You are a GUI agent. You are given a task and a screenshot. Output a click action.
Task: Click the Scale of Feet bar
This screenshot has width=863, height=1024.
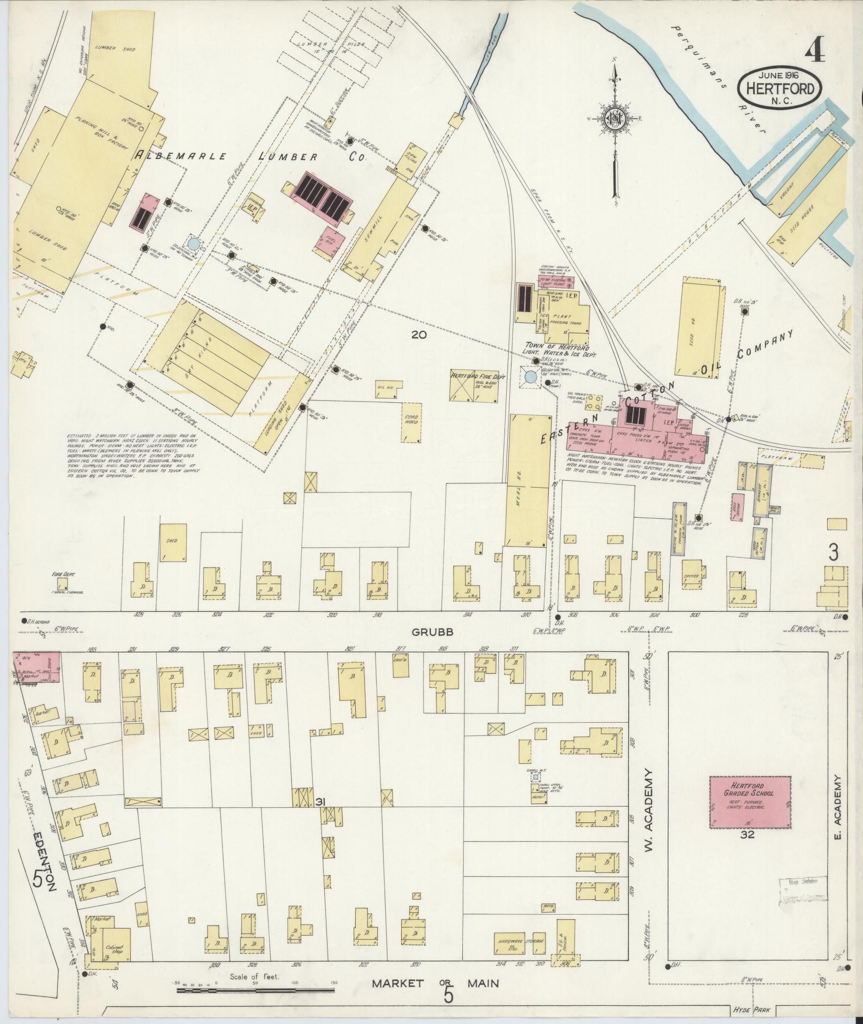tap(255, 991)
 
